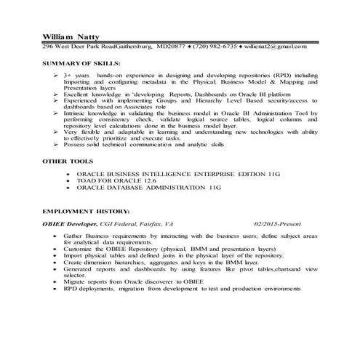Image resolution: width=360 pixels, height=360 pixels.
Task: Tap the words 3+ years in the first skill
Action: pyautogui.click(x=76, y=75)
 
